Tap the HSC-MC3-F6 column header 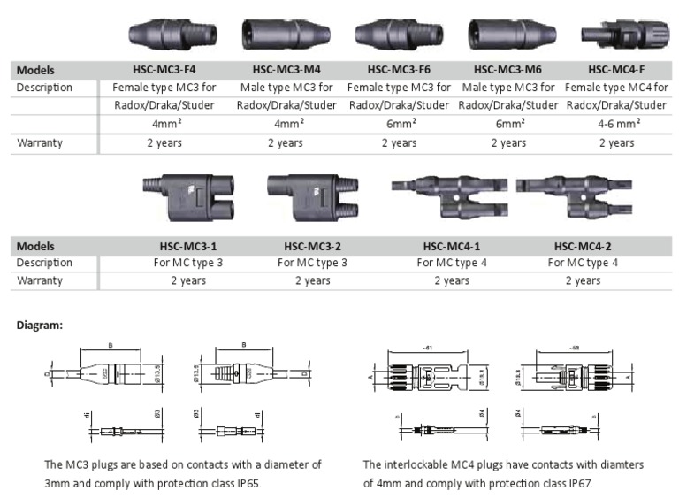(399, 70)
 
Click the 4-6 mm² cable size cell (616, 125)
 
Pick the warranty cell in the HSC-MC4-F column (616, 142)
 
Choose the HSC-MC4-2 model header (582, 247)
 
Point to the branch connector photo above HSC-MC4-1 (449, 194)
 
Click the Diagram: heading (40, 325)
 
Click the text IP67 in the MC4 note (576, 483)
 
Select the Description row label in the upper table (45, 88)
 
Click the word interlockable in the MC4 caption (418, 464)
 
